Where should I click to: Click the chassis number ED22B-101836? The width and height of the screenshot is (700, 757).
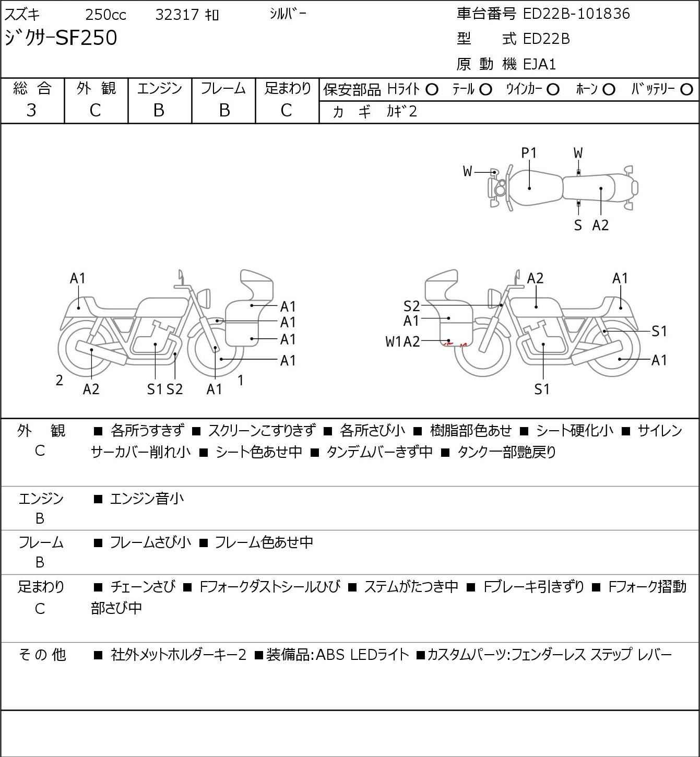pos(576,14)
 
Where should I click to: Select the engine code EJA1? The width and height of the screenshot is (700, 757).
pos(540,64)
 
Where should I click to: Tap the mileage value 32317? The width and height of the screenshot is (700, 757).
pos(177,15)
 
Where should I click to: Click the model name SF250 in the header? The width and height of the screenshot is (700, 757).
pos(87,38)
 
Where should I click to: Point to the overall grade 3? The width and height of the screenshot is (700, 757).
pos(31,111)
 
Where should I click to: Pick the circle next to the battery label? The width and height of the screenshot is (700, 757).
pos(686,90)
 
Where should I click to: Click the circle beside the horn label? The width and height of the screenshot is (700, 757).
pos(609,90)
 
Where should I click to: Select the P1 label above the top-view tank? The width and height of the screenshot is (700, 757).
pos(529,153)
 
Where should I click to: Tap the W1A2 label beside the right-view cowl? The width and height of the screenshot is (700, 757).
pos(402,341)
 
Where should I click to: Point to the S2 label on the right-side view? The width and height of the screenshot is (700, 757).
pos(412,306)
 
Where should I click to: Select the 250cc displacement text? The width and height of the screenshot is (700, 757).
pos(105,15)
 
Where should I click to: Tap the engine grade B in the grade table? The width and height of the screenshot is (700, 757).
pos(159,111)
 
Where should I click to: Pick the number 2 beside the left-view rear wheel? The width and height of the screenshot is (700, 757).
pos(59,380)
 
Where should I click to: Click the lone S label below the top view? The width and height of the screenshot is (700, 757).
pos(578,225)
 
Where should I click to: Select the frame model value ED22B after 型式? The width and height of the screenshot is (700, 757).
pos(547,39)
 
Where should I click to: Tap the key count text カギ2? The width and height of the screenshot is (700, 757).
pos(401,112)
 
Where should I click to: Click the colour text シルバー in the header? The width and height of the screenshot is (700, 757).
pos(288,14)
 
